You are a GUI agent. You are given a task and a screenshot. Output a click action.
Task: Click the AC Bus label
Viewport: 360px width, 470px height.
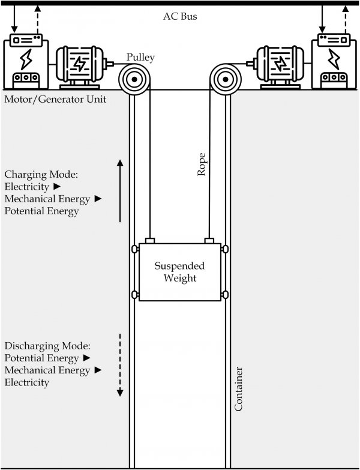pyautogui.click(x=180, y=16)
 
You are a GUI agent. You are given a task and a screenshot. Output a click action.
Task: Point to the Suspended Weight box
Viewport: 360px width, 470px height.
pyautogui.click(x=180, y=272)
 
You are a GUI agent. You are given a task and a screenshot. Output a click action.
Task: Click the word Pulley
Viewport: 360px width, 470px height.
pyautogui.click(x=140, y=58)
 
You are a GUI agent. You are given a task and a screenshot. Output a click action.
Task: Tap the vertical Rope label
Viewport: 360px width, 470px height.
pyautogui.click(x=202, y=163)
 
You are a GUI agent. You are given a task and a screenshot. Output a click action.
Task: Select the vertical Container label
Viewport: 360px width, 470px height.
pyautogui.click(x=238, y=390)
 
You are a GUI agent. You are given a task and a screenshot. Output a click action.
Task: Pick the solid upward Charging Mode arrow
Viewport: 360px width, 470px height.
pyautogui.click(x=120, y=191)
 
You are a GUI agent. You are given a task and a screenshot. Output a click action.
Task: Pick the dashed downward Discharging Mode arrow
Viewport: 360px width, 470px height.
pyautogui.click(x=120, y=364)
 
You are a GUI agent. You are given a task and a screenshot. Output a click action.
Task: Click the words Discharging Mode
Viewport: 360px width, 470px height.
pyautogui.click(x=47, y=346)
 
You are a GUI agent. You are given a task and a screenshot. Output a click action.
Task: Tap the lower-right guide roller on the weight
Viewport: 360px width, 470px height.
pyautogui.click(x=226, y=294)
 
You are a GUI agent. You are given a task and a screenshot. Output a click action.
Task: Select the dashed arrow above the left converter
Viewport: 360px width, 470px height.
pyautogui.click(x=37, y=18)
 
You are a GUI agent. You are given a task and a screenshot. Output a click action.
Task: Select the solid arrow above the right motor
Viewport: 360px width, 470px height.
pyautogui.click(x=323, y=18)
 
